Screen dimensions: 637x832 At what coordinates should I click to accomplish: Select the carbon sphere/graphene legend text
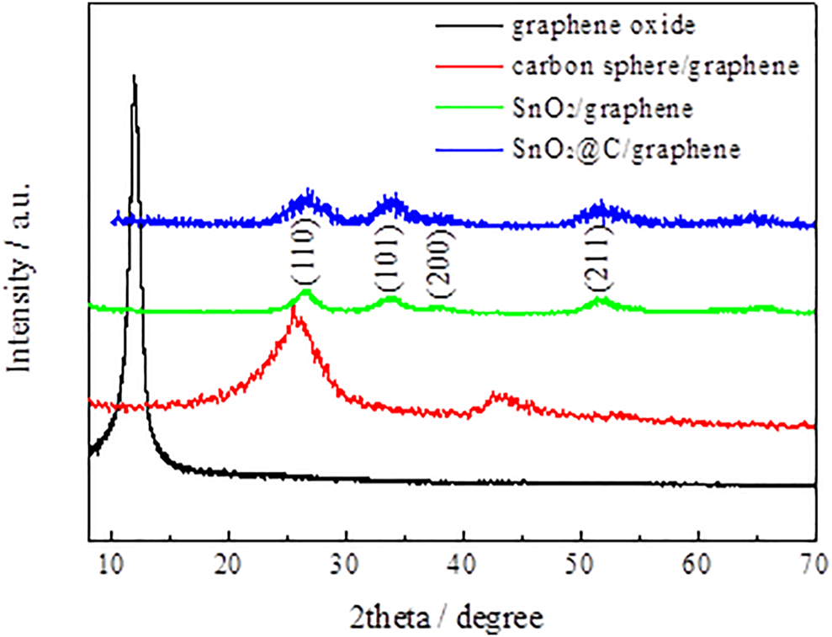pos(654,66)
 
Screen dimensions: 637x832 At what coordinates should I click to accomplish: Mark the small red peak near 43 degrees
pos(498,394)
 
